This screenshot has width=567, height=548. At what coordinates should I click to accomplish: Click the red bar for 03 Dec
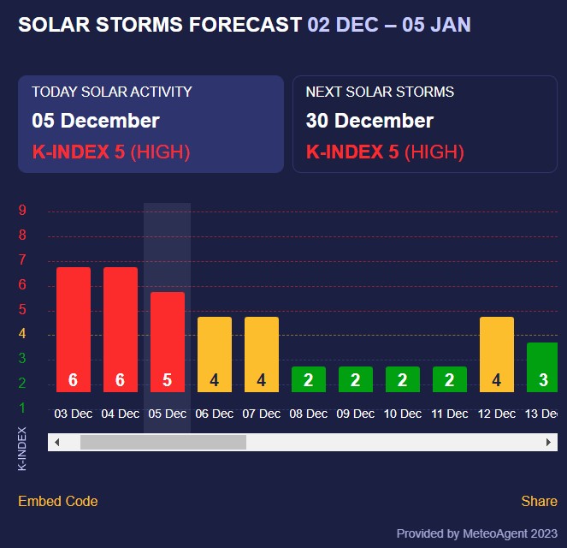74,330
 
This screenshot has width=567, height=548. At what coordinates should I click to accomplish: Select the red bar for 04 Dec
121,330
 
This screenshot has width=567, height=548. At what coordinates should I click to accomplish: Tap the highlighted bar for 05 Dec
168,342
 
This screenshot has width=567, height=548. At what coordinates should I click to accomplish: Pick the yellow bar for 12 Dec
497,354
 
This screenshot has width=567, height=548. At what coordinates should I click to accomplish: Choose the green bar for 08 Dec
308,379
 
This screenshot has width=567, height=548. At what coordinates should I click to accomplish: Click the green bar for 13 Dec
542,367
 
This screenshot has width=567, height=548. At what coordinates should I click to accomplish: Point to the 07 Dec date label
261,414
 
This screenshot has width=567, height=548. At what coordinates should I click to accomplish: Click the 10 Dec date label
402,414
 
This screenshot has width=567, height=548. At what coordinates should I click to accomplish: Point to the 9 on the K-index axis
22,211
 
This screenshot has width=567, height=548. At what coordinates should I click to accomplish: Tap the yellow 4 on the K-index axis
22,334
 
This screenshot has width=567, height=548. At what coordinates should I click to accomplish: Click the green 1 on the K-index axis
22,408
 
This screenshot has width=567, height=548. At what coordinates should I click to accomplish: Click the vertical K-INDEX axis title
22,448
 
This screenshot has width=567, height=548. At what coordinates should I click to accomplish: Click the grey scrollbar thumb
162,442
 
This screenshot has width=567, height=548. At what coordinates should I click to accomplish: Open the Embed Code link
58,501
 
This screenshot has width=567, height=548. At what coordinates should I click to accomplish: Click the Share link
539,501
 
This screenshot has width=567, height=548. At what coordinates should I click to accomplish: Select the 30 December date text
369,121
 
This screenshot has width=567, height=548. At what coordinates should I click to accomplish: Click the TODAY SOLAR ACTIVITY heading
112,92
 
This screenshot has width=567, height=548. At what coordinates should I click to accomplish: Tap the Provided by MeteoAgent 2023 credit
477,533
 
